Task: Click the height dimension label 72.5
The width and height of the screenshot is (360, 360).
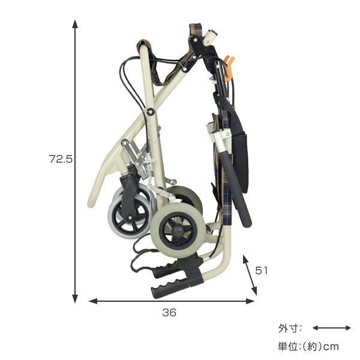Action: click(x=61, y=158)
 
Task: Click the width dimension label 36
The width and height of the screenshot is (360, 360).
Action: click(x=169, y=313)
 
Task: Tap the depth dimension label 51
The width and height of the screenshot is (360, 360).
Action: click(x=261, y=271)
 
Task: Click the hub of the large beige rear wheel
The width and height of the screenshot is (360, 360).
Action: click(x=178, y=230)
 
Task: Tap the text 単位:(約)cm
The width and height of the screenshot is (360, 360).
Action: click(x=308, y=346)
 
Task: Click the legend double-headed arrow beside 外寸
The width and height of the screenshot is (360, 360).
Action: click(x=332, y=328)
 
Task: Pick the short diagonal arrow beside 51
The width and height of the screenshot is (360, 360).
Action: click(x=250, y=275)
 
